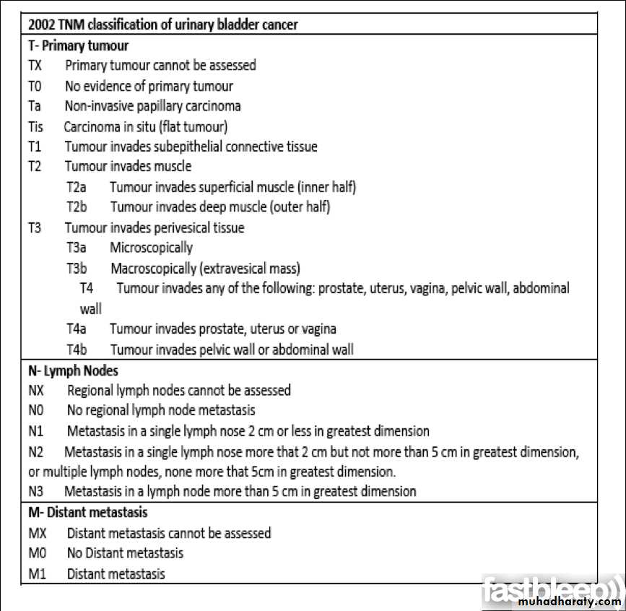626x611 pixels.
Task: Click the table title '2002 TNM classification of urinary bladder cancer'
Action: point(162,24)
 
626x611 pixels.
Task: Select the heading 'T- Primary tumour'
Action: point(78,45)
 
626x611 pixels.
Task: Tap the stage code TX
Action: point(35,65)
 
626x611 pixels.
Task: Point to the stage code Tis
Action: point(35,126)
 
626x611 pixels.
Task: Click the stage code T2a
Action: point(77,187)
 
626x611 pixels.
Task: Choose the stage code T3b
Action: point(77,269)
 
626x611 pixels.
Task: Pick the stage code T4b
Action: point(77,350)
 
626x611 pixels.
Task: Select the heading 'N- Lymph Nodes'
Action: point(73,370)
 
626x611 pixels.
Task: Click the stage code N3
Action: point(36,491)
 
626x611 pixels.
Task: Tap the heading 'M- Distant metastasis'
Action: point(87,512)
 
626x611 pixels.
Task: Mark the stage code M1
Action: point(37,574)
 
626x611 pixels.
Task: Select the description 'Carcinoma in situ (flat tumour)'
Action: point(146,126)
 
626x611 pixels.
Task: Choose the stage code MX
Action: point(38,533)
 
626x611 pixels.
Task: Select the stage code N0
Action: point(37,410)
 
